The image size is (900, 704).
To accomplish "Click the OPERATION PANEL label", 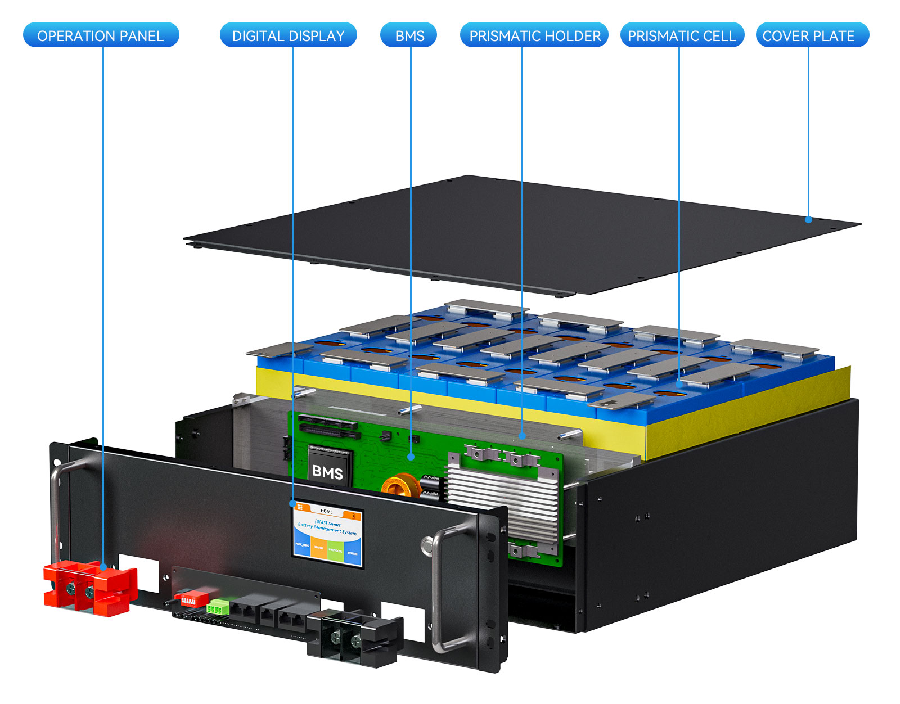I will tap(101, 35).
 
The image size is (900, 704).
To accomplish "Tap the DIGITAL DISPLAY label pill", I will tap(288, 35).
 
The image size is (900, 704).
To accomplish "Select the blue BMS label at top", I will tap(409, 35).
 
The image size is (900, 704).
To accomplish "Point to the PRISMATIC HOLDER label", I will tap(534, 35).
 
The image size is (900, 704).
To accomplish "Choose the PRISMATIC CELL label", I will tap(682, 35).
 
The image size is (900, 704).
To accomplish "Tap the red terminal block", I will tap(90, 588).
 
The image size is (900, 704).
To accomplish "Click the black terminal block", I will tap(354, 638).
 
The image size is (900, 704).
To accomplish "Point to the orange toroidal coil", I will tap(400, 486).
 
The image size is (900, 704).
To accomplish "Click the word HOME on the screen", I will tap(327, 511).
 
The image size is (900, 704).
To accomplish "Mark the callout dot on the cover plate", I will tap(808, 219).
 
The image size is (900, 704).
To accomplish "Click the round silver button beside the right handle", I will tap(427, 544).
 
